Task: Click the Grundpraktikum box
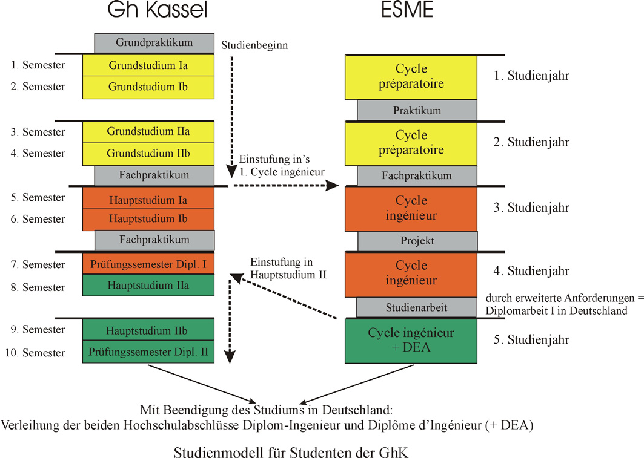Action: [154, 43]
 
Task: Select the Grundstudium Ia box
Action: [148, 65]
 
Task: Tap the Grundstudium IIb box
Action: [148, 154]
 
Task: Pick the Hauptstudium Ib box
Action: [148, 218]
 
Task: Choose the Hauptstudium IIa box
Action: [148, 285]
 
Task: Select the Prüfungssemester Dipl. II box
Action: [148, 351]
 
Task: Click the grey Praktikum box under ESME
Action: [417, 111]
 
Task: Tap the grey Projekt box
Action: [417, 241]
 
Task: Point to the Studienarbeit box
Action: [416, 307]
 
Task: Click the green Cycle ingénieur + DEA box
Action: [411, 339]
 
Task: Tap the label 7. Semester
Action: [38, 264]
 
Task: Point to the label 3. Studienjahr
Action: [531, 208]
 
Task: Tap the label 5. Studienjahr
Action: [531, 339]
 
